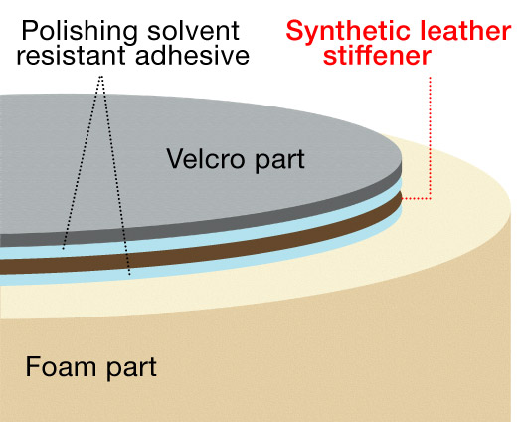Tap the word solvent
click(193, 31)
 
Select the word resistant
click(71, 55)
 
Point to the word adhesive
click(192, 55)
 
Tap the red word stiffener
click(377, 55)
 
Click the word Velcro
click(206, 159)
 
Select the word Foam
click(61, 366)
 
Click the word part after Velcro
click(279, 161)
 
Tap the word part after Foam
click(131, 369)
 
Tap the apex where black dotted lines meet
click(101, 77)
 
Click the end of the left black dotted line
click(63, 249)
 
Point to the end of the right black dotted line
click(129, 275)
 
